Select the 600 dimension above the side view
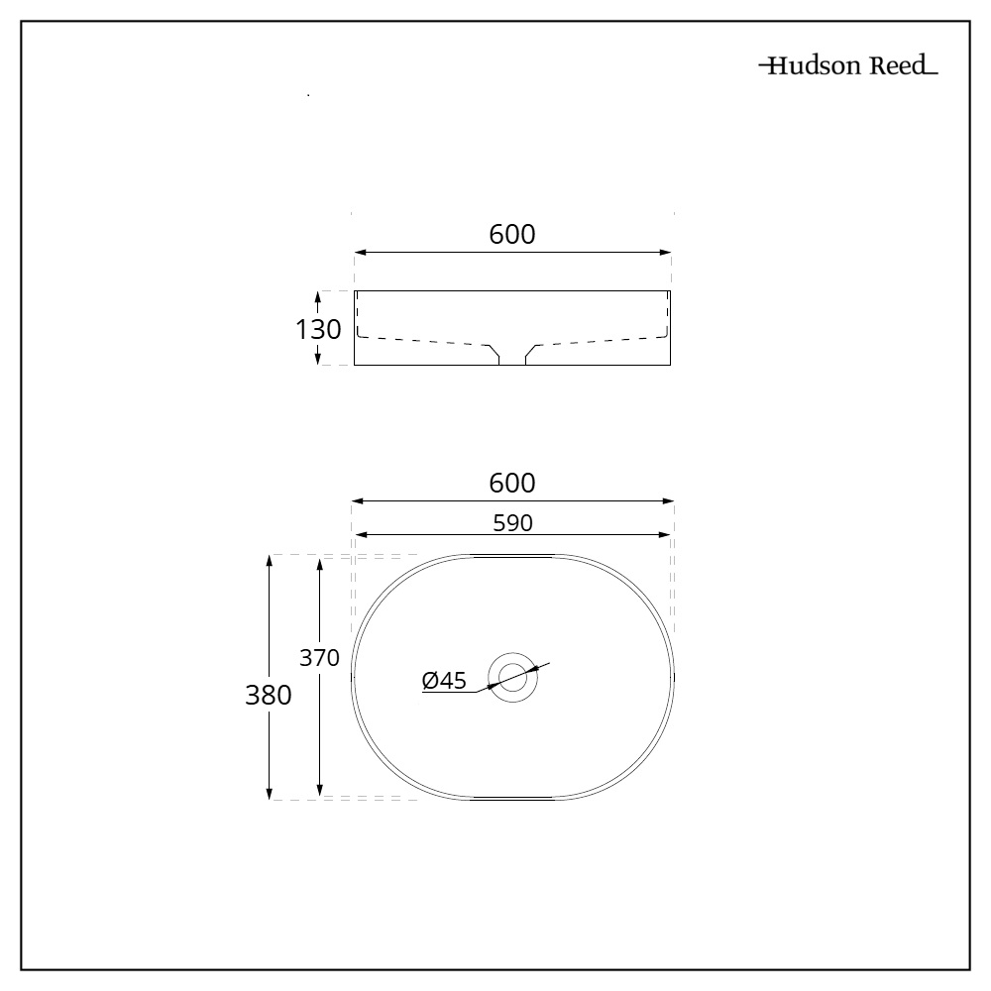512,235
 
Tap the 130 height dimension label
318,329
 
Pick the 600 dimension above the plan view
512,484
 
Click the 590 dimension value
512,523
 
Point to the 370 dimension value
320,657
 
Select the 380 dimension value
269,696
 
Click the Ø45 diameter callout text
444,680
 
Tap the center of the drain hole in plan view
512,677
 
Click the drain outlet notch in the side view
512,357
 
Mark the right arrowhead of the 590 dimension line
666,535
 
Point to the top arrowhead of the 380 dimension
270,561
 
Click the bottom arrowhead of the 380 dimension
270,792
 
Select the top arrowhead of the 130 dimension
318,296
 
